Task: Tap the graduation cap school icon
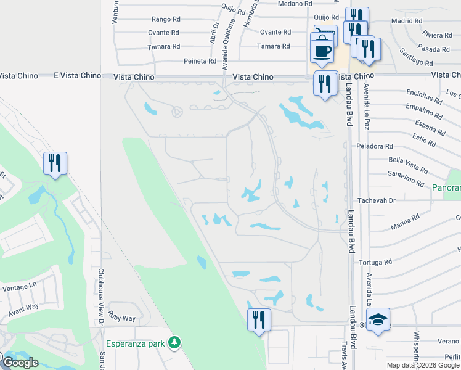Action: [x=378, y=320]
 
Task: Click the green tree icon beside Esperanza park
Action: [x=176, y=342]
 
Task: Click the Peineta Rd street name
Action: [x=200, y=61]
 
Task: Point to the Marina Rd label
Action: [x=404, y=218]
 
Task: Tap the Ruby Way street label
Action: [x=121, y=318]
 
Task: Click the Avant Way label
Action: [x=24, y=307]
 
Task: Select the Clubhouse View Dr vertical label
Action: [x=100, y=296]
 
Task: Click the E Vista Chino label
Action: [x=77, y=75]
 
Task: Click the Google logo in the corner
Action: [x=20, y=363]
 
